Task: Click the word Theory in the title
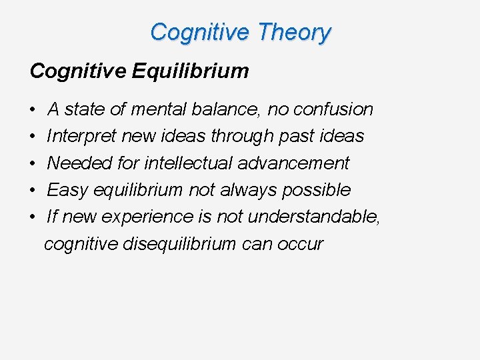coord(293,32)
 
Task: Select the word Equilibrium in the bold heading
coord(190,71)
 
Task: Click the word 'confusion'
coord(333,109)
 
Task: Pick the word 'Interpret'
coord(78,136)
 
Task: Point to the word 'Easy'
coord(67,190)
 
